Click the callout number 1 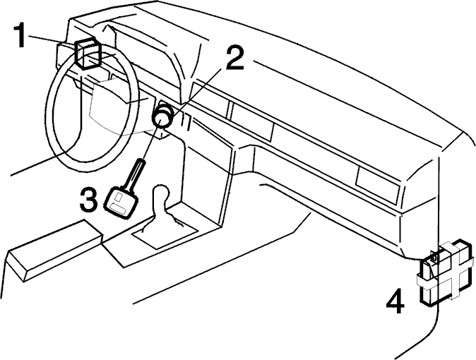(20, 36)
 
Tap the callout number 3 (89, 199)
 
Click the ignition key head (121, 203)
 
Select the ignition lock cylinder (164, 116)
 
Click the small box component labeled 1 (88, 54)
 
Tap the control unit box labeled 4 (446, 272)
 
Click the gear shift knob (160, 193)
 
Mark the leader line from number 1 (52, 40)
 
